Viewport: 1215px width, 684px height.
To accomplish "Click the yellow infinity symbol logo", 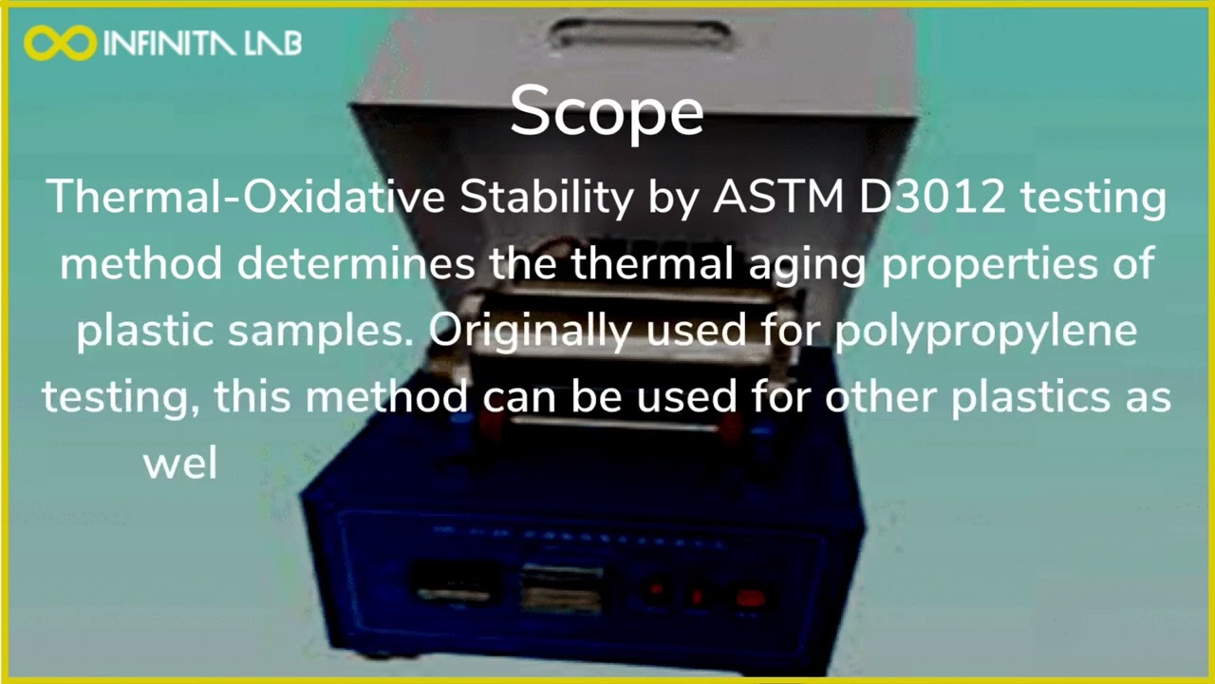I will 60,42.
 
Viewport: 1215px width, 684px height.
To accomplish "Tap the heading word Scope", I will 607,110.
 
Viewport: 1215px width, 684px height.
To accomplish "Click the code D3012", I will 934,197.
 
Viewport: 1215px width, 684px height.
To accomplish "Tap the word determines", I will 356,262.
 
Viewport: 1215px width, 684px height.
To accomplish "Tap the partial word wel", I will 180,464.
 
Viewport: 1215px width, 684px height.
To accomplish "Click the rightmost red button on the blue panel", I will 750,598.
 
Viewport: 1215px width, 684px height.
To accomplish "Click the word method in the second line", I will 140,262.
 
